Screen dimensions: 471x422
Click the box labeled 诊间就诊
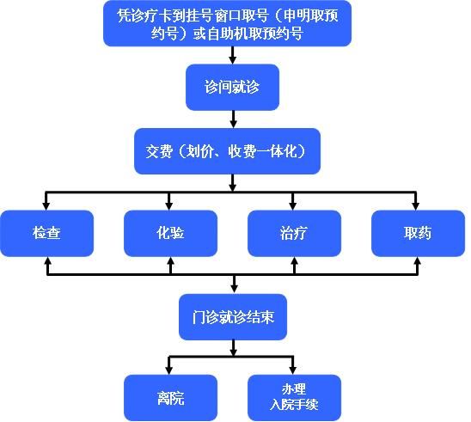pyautogui.click(x=233, y=88)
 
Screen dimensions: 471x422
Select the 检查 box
pyautogui.click(x=47, y=234)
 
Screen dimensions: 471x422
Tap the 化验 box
pyautogui.click(x=171, y=234)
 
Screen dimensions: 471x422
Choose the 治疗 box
pyautogui.click(x=294, y=234)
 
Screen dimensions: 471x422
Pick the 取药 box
pyautogui.click(x=418, y=234)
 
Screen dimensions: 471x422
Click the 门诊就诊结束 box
pyautogui.click(x=233, y=317)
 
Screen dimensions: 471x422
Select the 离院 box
pyautogui.click(x=171, y=398)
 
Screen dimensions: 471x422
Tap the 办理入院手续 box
pyautogui.click(x=294, y=398)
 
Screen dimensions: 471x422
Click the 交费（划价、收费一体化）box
pyautogui.click(x=227, y=151)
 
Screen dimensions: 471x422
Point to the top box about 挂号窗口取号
pyautogui.click(x=228, y=23)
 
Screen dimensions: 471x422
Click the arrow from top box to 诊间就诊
pyautogui.click(x=233, y=55)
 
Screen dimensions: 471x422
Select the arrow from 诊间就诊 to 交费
pyautogui.click(x=233, y=119)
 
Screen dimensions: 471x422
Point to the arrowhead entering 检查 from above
pyautogui.click(x=46, y=205)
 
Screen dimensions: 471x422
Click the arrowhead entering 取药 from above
pyautogui.click(x=416, y=205)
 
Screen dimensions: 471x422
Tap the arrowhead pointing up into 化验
pyautogui.click(x=171, y=261)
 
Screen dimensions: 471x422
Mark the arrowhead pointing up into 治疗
pyautogui.click(x=295, y=261)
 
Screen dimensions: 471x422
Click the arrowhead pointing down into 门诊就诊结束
pyautogui.click(x=235, y=289)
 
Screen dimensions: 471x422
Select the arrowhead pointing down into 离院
pyautogui.click(x=169, y=370)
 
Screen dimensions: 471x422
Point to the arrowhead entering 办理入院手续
pyautogui.click(x=293, y=370)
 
